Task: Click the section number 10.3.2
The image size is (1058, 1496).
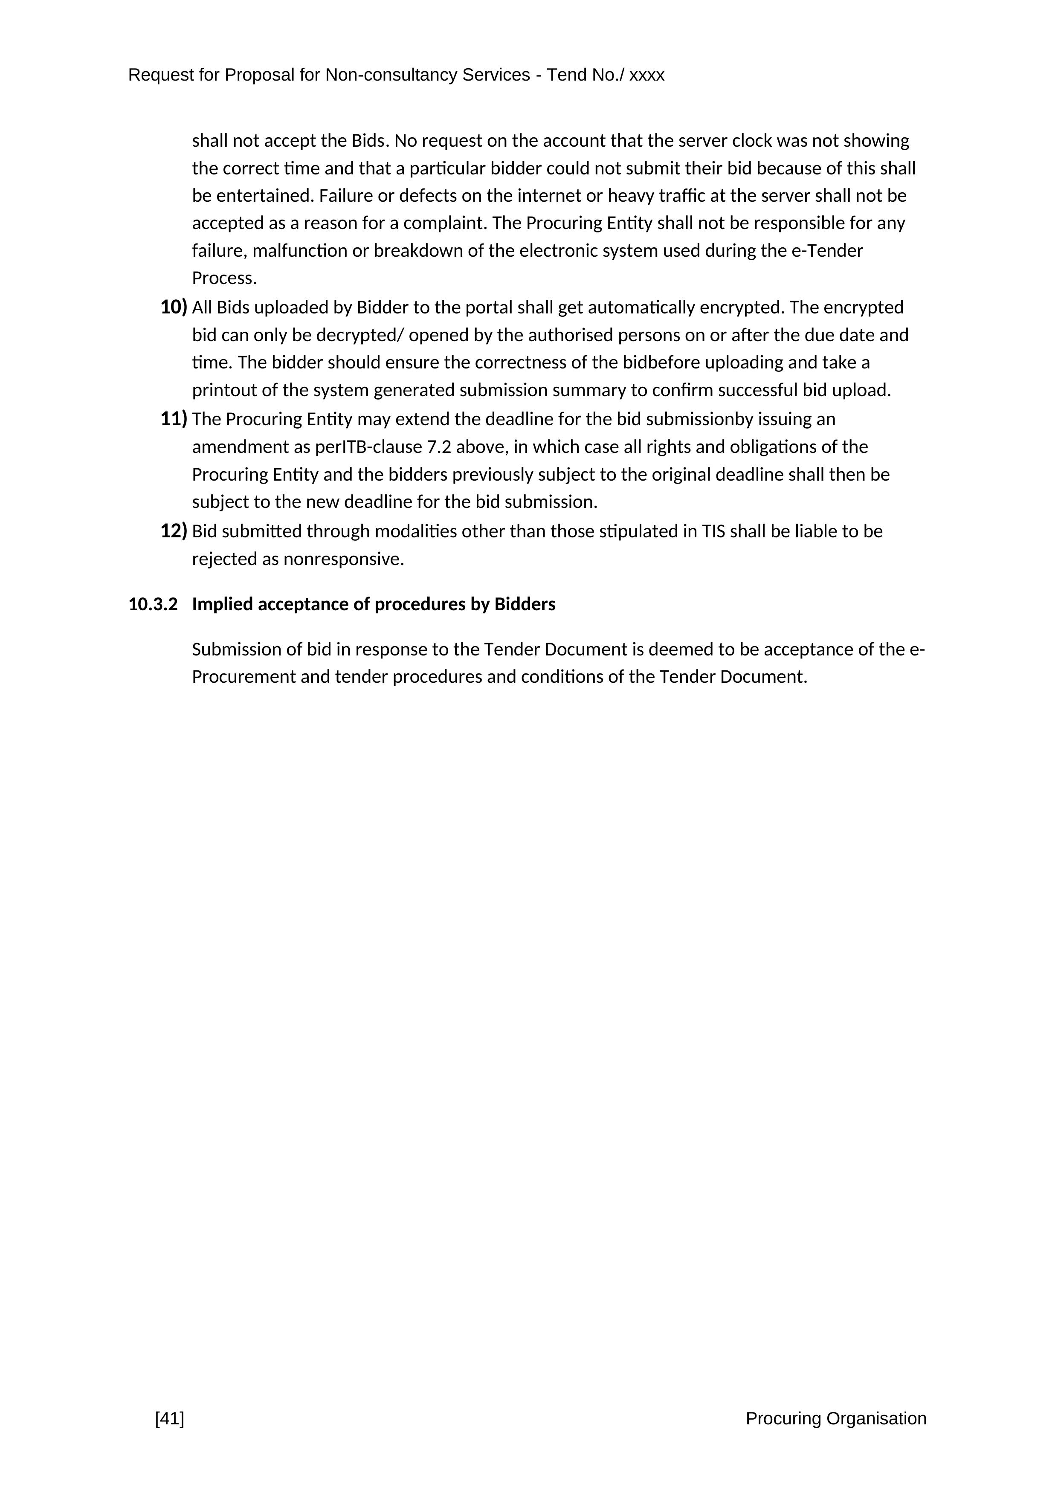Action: (x=153, y=605)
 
